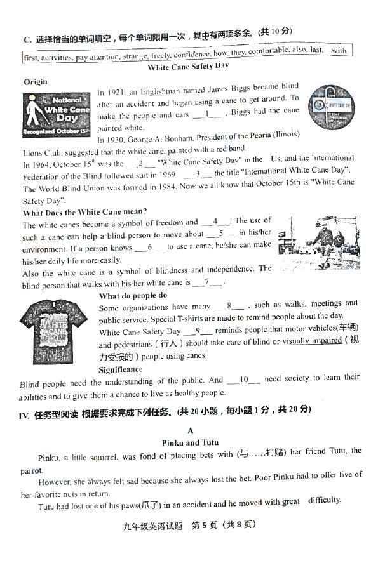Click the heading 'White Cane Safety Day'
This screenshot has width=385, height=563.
[188, 66]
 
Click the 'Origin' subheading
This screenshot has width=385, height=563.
[36, 82]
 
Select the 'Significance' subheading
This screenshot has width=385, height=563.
[121, 369]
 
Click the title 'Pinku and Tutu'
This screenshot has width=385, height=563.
[190, 442]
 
